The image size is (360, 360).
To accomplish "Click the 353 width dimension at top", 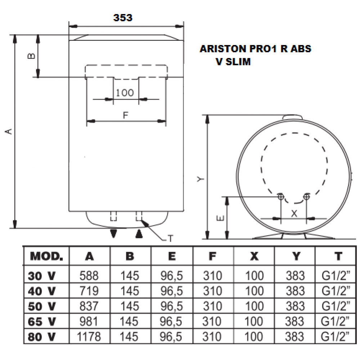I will click(123, 18).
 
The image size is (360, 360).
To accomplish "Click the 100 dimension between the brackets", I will click(125, 93).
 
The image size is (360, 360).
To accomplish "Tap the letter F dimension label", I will click(126, 115).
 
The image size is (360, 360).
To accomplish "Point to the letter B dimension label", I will click(31, 56).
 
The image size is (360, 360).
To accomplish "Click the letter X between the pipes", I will click(294, 213).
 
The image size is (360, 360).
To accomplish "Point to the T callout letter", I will click(171, 239).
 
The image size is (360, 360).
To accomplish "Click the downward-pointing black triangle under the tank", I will click(114, 234).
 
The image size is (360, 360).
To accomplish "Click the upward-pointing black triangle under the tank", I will click(139, 234).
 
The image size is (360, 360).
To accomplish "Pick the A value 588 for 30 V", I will click(89, 276).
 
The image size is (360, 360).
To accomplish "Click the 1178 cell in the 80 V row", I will click(89, 337).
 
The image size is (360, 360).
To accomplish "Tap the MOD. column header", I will click(46, 256).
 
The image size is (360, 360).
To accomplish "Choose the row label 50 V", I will click(42, 306).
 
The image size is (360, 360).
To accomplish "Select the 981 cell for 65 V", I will click(89, 321).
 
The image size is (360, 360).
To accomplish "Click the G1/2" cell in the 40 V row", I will click(336, 291).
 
